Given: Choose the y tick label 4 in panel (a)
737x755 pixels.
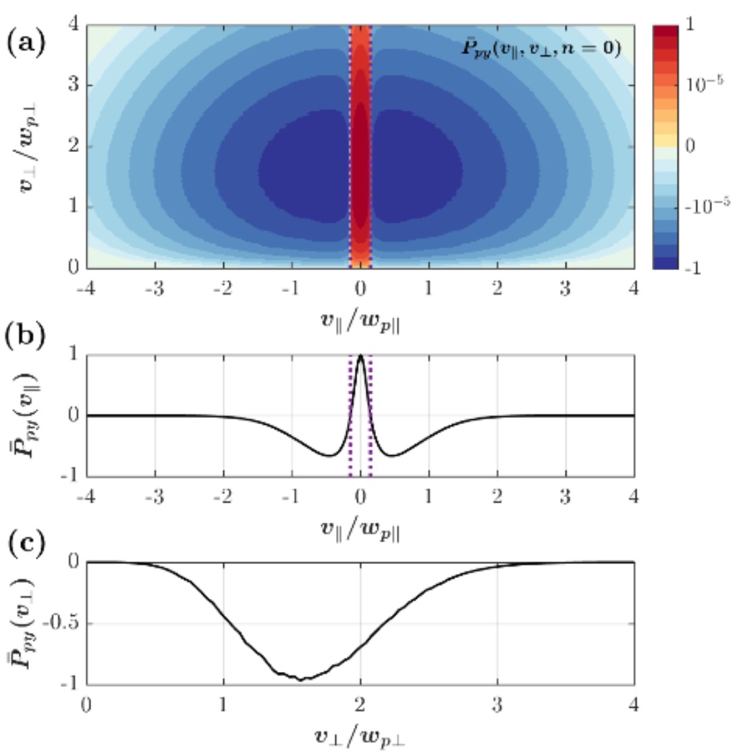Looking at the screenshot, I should click(x=73, y=25).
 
